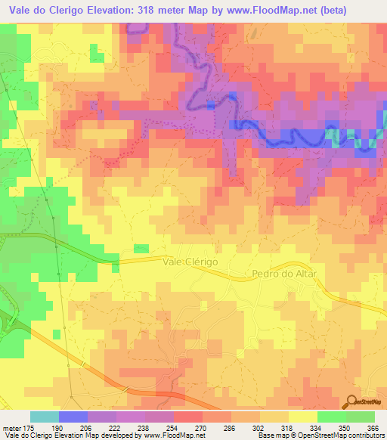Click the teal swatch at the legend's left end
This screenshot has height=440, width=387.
pos(44,417)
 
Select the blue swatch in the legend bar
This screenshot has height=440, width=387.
pos(73,417)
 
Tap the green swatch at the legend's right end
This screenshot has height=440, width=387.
pos(361,417)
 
